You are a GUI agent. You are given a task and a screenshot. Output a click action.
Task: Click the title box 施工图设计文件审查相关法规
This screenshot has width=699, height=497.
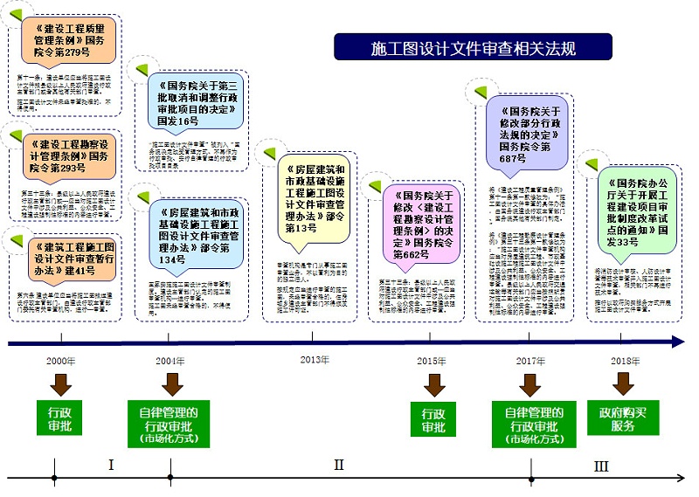coord(473,47)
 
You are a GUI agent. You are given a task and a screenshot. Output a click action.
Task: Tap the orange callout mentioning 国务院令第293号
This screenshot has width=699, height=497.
coord(69,155)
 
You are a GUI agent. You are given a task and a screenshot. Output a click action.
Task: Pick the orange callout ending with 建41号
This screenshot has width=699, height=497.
coord(69,258)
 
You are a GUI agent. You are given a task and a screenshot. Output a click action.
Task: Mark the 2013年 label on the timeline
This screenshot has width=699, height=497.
coord(314,360)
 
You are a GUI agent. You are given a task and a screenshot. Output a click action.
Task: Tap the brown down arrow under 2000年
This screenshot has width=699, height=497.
coord(61,384)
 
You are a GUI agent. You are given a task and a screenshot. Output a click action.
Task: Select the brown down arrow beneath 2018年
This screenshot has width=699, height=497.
coord(623,384)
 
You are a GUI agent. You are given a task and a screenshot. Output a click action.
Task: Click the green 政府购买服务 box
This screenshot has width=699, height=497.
coord(623,419)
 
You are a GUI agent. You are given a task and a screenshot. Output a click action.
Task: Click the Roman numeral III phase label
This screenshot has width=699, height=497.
coord(600,467)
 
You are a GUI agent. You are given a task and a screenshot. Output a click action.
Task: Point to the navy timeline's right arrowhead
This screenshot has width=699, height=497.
coord(676,342)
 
